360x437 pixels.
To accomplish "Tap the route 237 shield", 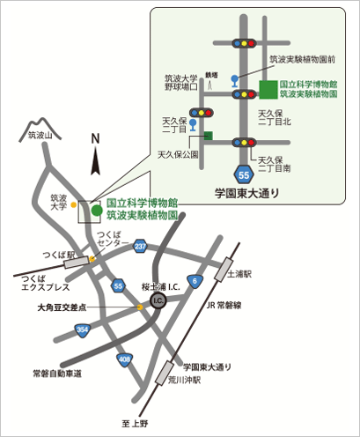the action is click(140, 247).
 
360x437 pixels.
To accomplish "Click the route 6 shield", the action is click(194, 281).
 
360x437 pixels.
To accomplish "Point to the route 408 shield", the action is click(125, 359).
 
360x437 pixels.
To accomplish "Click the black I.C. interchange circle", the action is click(158, 301).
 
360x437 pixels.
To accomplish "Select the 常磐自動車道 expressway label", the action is click(56, 374).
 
